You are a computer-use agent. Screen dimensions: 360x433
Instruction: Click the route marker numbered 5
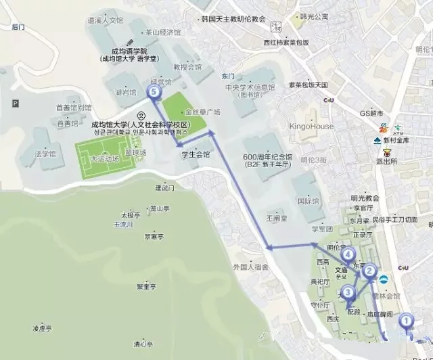[x=155, y=91]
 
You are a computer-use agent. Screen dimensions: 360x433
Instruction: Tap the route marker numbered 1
[x=406, y=321]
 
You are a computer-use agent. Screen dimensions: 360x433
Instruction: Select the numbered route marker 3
[x=348, y=292]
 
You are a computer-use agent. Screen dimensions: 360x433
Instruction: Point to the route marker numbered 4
[x=348, y=255]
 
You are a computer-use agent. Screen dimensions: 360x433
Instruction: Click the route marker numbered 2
[x=369, y=271]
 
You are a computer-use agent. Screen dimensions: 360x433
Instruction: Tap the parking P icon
[x=15, y=103]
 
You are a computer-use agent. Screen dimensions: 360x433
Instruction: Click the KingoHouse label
[x=311, y=127]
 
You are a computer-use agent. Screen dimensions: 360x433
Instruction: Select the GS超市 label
[x=371, y=112]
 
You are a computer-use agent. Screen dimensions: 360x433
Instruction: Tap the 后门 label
[x=18, y=27]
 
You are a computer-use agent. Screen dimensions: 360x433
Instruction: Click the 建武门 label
[x=164, y=187]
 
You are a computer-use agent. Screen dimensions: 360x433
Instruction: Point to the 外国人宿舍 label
[x=250, y=267]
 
